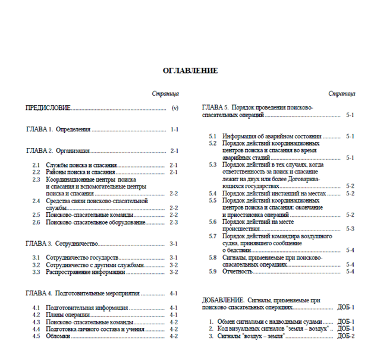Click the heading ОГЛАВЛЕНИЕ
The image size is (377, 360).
pyautogui.click(x=190, y=71)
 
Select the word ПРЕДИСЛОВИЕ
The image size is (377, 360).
pyautogui.click(x=48, y=108)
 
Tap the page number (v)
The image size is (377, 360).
pyautogui.click(x=175, y=108)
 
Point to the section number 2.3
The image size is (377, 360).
pyautogui.click(x=36, y=179)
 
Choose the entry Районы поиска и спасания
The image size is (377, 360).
pyautogui.click(x=80, y=172)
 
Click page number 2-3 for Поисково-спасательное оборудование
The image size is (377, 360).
pyautogui.click(x=174, y=222)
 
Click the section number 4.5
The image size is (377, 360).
pyautogui.click(x=36, y=336)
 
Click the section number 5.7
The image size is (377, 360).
pyautogui.click(x=212, y=236)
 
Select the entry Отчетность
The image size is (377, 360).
pyautogui.click(x=237, y=271)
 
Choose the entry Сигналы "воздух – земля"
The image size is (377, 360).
pyautogui.click(x=250, y=336)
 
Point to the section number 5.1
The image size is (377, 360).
pyautogui.click(x=212, y=136)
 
